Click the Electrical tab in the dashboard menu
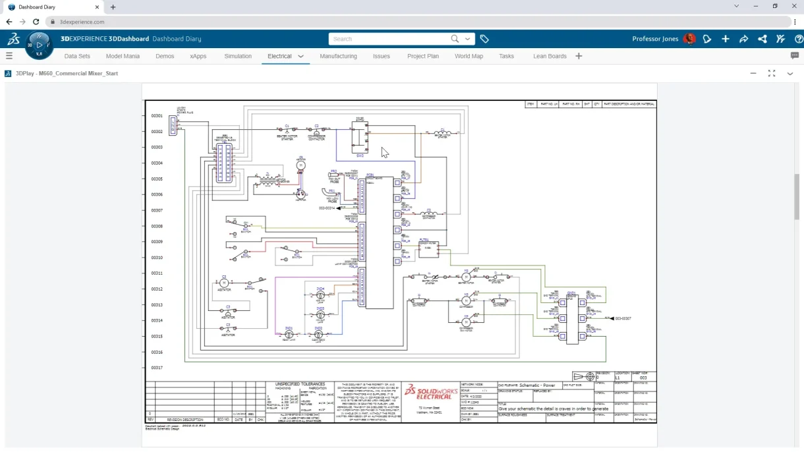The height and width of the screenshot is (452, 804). click(x=279, y=56)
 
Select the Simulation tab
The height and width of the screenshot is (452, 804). click(x=238, y=56)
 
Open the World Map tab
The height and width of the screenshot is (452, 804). click(x=469, y=56)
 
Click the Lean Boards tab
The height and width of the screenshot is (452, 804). click(x=550, y=56)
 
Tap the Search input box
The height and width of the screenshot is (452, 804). click(x=389, y=39)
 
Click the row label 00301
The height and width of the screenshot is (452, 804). click(x=157, y=116)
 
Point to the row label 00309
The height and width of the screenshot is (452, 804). click(x=157, y=242)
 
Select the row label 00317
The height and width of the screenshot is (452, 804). click(x=157, y=368)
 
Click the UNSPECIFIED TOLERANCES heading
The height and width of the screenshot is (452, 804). click(x=300, y=383)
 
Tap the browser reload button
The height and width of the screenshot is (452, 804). click(x=37, y=22)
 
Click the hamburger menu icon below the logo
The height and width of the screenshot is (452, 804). click(x=9, y=56)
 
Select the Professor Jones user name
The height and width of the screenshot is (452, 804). click(x=654, y=39)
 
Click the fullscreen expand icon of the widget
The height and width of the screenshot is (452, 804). click(x=772, y=73)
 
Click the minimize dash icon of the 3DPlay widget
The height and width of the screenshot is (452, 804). click(x=753, y=73)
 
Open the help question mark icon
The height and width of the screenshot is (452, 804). click(x=799, y=39)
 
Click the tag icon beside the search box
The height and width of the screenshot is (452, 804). click(x=484, y=39)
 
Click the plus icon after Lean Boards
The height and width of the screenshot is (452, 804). click(x=579, y=56)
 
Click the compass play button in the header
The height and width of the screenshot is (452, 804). click(x=39, y=45)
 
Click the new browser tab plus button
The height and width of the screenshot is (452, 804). click(x=113, y=7)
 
